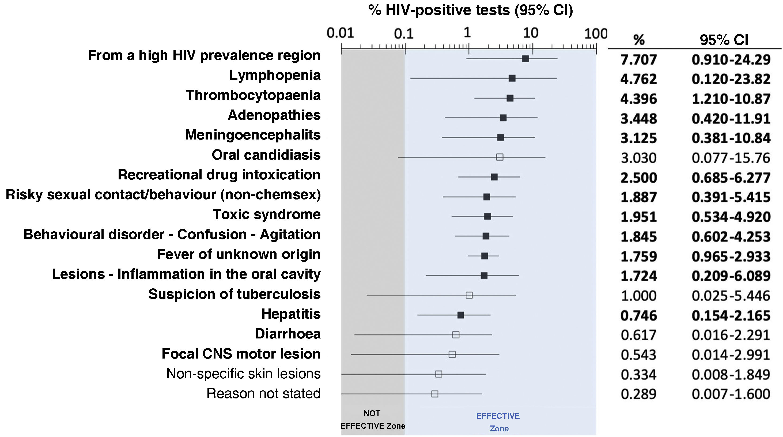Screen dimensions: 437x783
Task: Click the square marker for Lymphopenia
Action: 512,78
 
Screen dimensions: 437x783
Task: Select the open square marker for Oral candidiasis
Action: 500,157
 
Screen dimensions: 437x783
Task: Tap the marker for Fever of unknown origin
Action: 485,256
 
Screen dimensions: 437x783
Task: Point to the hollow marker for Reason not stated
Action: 435,394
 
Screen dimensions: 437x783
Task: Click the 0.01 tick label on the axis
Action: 341,33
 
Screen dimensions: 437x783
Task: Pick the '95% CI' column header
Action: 724,40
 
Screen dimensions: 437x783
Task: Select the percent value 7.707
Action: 639,60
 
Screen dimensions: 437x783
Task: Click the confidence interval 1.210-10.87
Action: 731,99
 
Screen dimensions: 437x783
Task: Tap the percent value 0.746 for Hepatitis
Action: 639,316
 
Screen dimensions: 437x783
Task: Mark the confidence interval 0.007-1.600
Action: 731,394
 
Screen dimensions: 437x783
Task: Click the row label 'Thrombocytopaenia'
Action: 253,95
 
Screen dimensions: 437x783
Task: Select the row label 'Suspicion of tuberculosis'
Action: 234,294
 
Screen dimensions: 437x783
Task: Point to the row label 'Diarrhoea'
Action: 288,334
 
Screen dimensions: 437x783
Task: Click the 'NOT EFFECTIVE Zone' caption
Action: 373,420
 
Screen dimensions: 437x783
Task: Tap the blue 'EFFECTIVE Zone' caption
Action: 498,422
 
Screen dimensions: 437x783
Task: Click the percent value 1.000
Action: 639,296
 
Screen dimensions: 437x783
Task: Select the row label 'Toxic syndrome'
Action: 267,214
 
